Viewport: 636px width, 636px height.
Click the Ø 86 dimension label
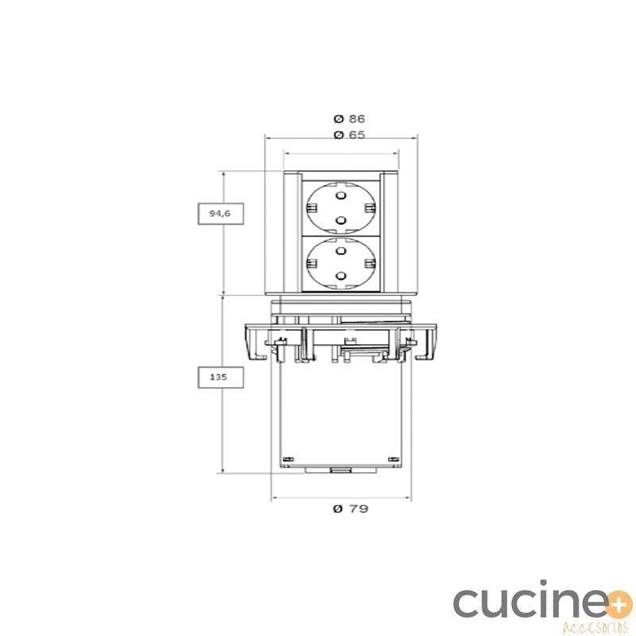(x=349, y=118)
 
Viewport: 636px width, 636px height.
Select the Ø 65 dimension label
(x=349, y=134)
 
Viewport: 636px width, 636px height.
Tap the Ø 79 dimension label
(x=351, y=508)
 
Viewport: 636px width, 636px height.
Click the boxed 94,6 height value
(x=220, y=213)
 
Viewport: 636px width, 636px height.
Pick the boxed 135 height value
(x=220, y=377)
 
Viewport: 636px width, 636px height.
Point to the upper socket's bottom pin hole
(x=341, y=220)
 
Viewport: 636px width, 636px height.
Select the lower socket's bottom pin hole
(x=341, y=276)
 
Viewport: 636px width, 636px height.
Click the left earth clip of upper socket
(x=311, y=208)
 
